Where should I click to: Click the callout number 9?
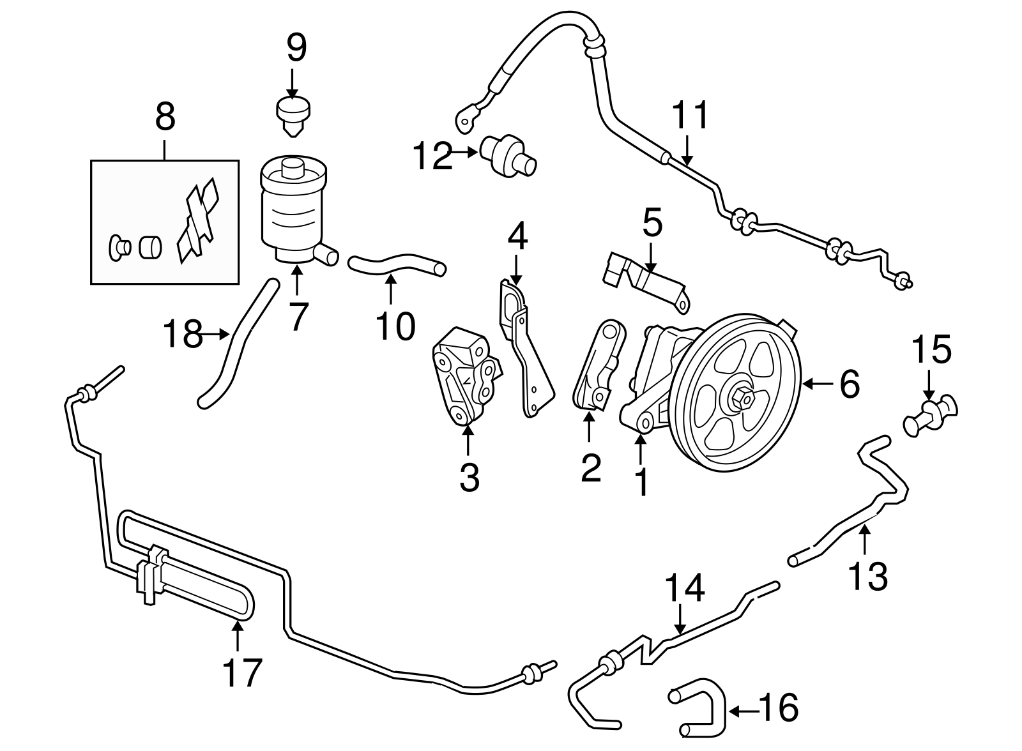click(x=296, y=48)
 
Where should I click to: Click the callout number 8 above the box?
click(x=164, y=118)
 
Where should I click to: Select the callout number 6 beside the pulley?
click(x=849, y=384)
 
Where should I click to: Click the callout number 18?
click(x=183, y=334)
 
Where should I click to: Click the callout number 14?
click(x=685, y=588)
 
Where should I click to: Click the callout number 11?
click(x=690, y=116)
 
